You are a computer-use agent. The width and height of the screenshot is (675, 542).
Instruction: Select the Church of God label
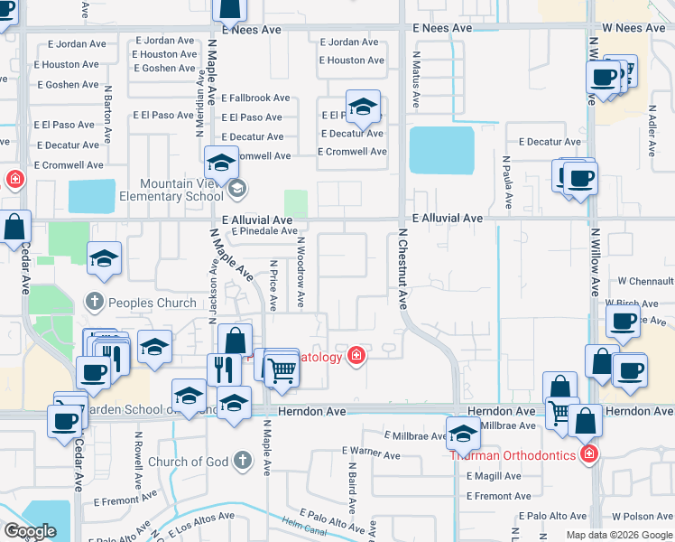tap(189, 462)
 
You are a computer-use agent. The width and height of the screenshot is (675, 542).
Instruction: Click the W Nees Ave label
tap(628, 29)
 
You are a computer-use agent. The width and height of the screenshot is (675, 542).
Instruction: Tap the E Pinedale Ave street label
tap(264, 231)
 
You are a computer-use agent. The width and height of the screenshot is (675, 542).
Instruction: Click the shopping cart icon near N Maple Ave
tap(282, 369)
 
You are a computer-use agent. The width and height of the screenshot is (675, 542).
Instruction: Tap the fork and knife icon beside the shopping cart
tap(224, 369)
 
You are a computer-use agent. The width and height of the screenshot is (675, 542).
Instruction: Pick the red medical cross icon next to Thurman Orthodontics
tap(588, 453)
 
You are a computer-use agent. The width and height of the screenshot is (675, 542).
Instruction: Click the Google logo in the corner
tap(30, 531)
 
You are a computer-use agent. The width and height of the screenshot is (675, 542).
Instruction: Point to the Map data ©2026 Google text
tap(619, 535)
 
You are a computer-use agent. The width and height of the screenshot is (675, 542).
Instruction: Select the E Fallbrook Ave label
tap(255, 98)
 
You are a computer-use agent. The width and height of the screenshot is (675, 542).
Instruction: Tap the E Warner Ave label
tap(372, 455)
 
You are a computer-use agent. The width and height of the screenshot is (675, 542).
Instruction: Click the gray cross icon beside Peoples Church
tap(95, 302)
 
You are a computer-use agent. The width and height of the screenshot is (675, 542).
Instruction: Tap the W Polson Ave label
tap(642, 517)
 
